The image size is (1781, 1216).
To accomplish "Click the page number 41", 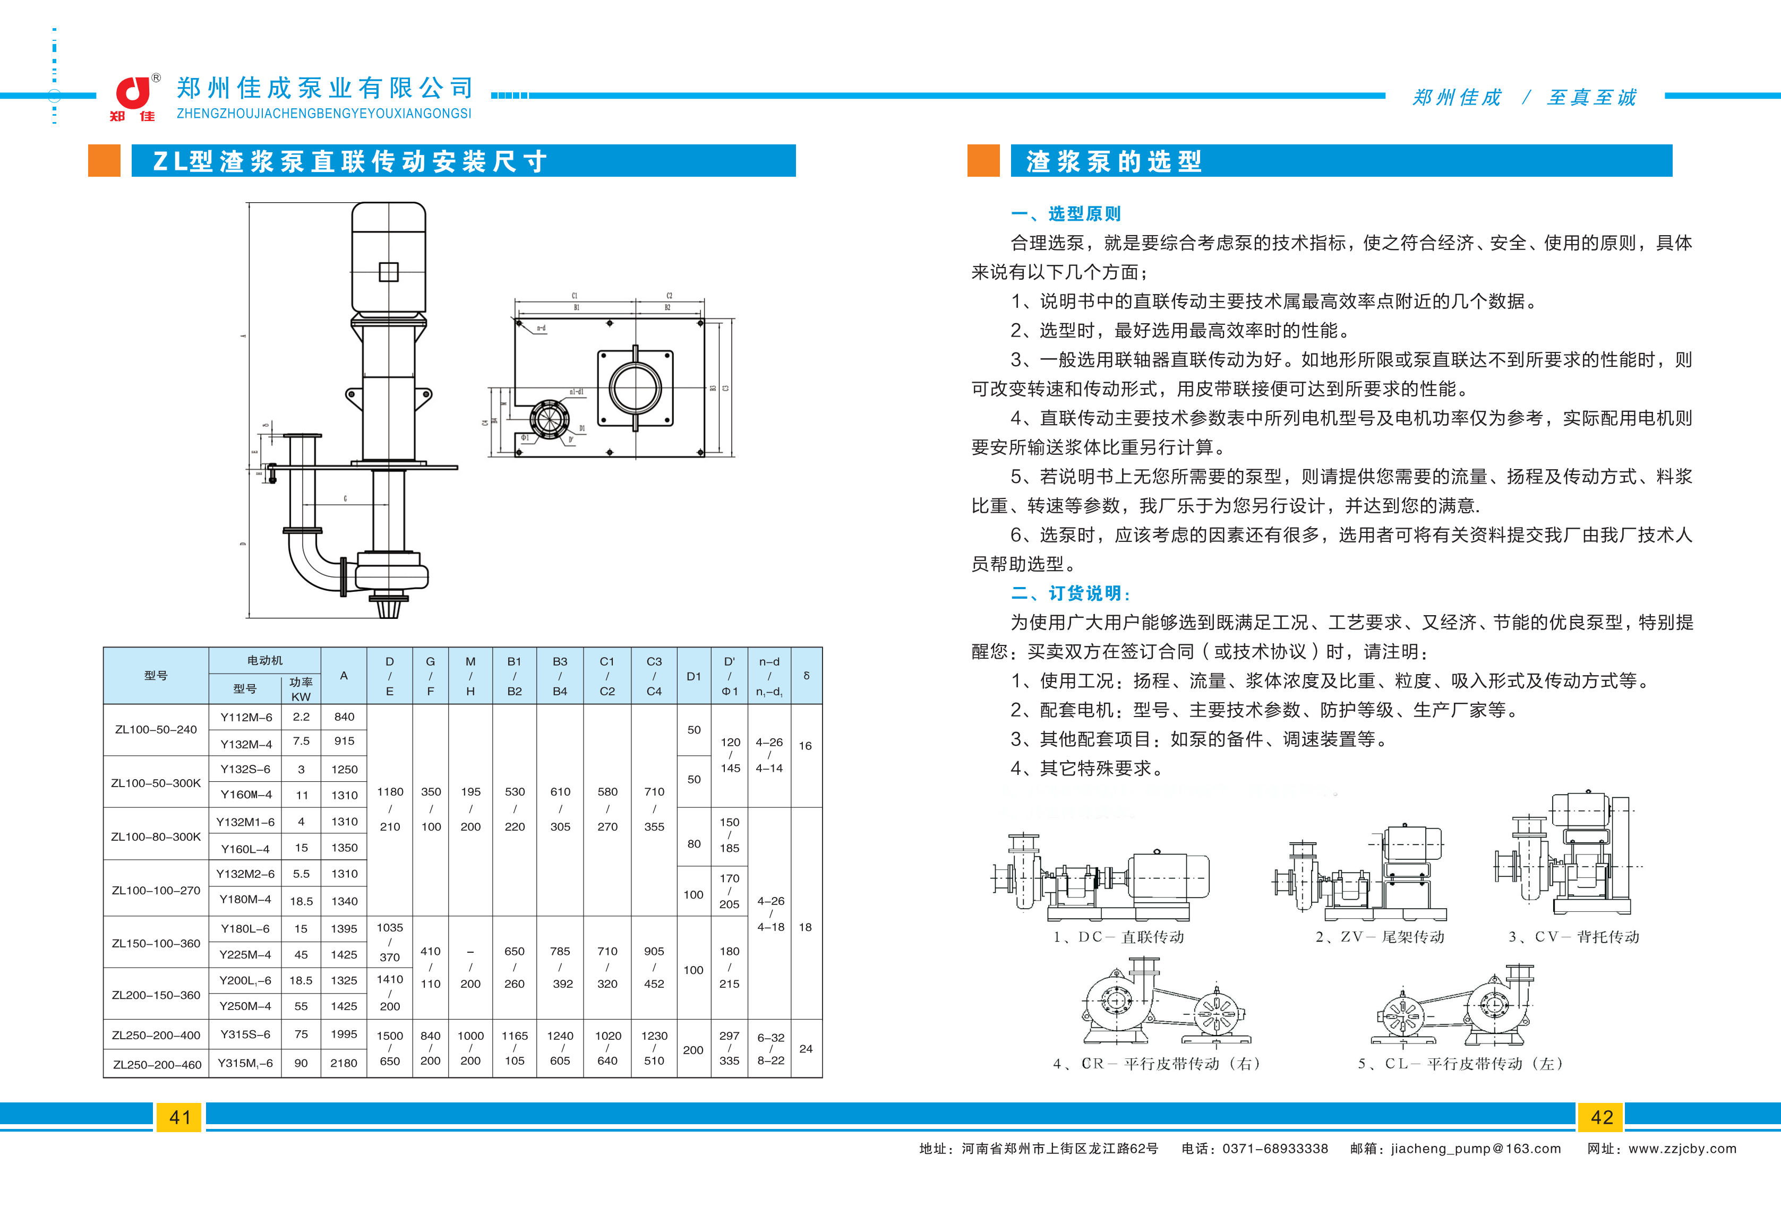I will point(180,1117).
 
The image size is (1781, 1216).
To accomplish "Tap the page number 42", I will point(1601,1117).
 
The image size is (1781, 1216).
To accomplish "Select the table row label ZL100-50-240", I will point(156,729).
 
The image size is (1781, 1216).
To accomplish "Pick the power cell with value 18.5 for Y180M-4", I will point(301,901).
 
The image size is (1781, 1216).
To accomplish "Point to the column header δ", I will point(806,676).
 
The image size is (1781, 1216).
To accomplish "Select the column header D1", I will point(693,676).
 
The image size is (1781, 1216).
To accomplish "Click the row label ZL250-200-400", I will point(156,1035).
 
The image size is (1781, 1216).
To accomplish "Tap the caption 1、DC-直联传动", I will point(1118,936).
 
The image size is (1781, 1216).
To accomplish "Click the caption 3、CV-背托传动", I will point(1573,936).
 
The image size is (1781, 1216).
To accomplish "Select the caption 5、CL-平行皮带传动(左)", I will point(1460,1064).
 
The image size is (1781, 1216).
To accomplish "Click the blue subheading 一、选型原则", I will point(1065,214).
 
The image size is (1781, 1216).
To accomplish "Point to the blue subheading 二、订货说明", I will point(1070,593).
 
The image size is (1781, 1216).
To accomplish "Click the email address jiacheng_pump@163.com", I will point(1475,1149).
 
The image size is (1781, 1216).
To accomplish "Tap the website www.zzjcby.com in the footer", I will point(1682,1149).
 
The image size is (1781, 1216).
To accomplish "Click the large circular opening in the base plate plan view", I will point(635,387).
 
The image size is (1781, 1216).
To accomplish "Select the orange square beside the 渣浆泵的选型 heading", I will point(983,161).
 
